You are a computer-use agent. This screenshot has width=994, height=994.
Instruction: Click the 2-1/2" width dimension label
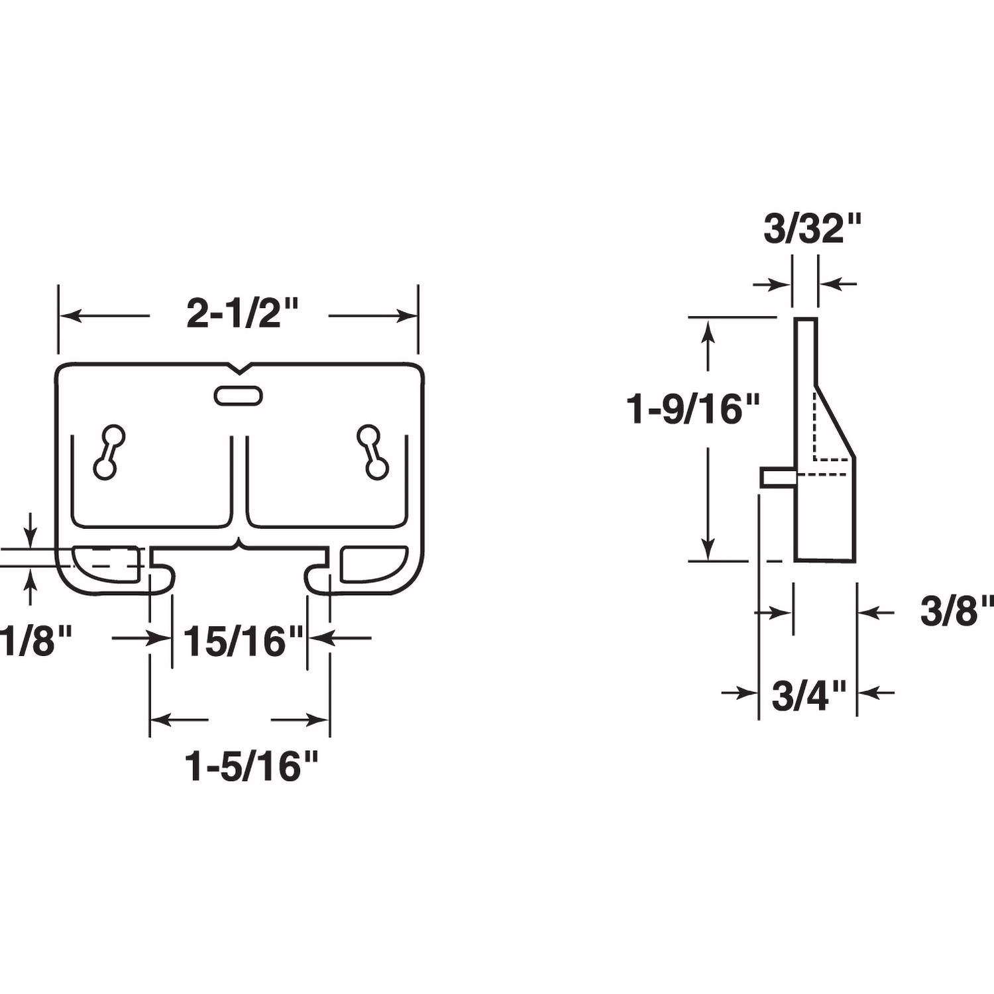pos(243,313)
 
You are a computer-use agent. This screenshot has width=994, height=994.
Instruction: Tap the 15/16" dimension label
pos(243,641)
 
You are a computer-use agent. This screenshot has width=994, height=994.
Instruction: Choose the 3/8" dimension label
pos(956,612)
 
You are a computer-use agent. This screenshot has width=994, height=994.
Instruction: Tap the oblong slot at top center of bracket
pos(238,396)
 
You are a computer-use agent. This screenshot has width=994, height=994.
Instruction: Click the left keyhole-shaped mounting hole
pos(109,451)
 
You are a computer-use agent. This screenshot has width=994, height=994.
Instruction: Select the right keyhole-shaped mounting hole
pos(372,451)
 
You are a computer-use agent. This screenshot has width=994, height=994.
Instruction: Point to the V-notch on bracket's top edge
pos(238,367)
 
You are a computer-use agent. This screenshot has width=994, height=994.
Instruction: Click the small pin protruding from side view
pos(777,476)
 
